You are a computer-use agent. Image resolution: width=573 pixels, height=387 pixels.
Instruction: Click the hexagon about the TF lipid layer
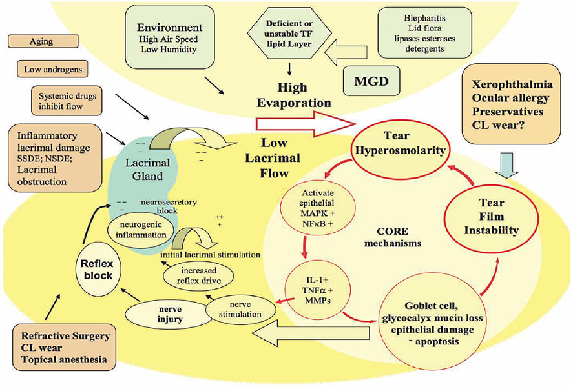(285, 32)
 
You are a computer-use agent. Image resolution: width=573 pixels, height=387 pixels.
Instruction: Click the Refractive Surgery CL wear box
(65, 347)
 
